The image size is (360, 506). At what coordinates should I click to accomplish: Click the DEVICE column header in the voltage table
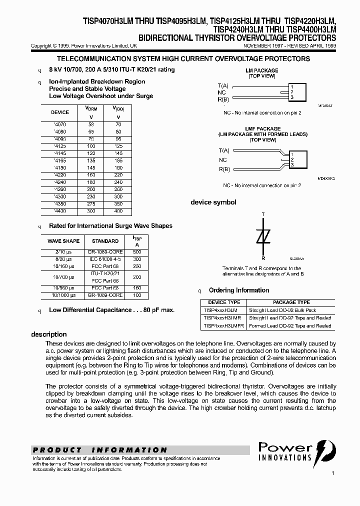coord(60,112)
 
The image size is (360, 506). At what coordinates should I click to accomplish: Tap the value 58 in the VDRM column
coord(90,124)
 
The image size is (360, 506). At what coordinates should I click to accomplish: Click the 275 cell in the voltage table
coord(90,204)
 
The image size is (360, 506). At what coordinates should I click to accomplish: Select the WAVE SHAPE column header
coord(63,241)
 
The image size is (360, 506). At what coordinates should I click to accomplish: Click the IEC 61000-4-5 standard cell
coord(105,259)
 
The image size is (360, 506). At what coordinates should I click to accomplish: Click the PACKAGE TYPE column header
coord(291,302)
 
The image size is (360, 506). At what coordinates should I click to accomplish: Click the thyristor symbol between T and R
coord(263,236)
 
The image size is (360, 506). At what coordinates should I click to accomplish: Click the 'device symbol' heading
coord(213,202)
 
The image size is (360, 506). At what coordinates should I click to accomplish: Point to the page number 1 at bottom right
coord(332,473)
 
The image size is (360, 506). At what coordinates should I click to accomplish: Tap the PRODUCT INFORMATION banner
coord(100,450)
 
